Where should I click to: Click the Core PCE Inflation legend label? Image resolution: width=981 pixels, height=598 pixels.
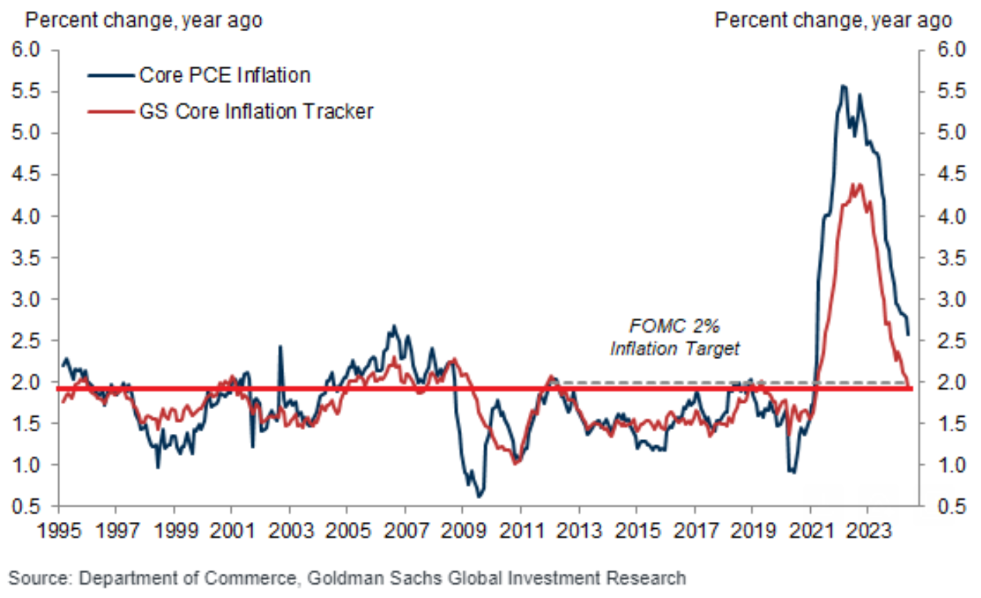coord(224,75)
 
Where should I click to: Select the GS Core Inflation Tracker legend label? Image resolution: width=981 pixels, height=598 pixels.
coord(256,111)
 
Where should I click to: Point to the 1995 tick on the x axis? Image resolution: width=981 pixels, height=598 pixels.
coord(59,532)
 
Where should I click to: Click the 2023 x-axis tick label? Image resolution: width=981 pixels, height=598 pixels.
coord(868,532)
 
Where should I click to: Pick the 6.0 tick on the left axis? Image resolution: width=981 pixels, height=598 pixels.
coord(26,50)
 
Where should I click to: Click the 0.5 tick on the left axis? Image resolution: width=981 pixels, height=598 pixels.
coord(26,507)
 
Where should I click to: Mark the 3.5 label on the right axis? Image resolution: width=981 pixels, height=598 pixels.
coord(949,258)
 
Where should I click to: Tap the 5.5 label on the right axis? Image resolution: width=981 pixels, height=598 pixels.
coord(949,92)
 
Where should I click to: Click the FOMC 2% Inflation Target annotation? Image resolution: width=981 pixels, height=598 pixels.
coord(674,337)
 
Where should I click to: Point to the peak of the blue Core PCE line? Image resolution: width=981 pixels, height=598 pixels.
coord(843,86)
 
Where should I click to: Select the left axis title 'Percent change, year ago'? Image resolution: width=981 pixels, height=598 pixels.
coord(144,20)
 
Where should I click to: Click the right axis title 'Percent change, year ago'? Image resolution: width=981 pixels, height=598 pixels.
coord(833,20)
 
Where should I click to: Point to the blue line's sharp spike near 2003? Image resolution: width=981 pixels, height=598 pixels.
coord(281,345)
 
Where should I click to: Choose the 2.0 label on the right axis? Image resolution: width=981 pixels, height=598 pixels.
coord(949,383)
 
